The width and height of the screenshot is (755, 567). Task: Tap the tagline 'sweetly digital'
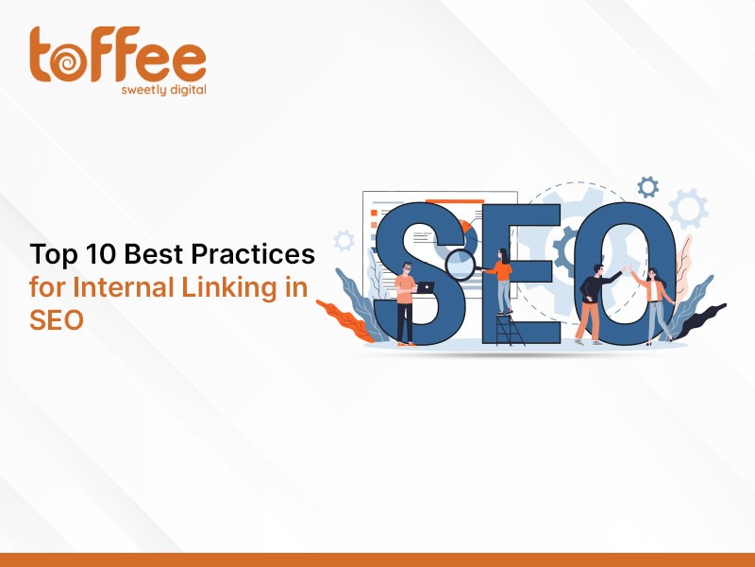click(163, 90)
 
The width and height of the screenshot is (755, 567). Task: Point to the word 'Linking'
click(230, 288)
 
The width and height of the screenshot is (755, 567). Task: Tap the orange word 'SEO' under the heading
click(57, 319)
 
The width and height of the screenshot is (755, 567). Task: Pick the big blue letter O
click(625, 273)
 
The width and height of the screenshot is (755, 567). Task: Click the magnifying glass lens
click(461, 265)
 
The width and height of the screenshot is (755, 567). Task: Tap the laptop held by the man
click(426, 287)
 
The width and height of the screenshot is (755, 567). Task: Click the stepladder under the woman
click(510, 329)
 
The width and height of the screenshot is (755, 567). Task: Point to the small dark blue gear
click(647, 187)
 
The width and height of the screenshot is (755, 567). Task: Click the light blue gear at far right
click(689, 209)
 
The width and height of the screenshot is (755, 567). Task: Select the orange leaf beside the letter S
click(345, 320)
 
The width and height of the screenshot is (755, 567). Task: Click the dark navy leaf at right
click(702, 320)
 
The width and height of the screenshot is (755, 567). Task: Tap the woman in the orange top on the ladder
click(501, 282)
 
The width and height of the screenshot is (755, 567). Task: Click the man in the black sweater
click(594, 303)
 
